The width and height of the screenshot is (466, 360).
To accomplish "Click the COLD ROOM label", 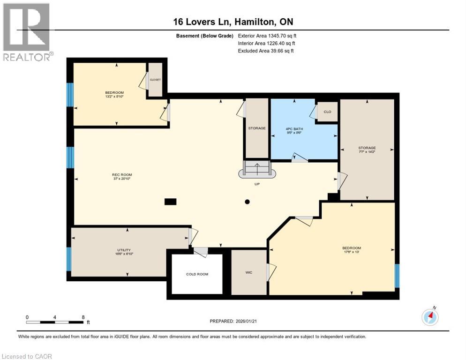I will click(197, 274).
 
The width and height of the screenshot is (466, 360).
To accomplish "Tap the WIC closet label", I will click(249, 272).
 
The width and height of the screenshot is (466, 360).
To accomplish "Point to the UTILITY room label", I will click(124, 250).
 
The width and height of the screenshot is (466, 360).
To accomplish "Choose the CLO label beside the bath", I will click(328, 112).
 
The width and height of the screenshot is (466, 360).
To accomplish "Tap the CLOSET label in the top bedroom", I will click(155, 80).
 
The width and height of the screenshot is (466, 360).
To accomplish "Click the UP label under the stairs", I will click(257, 184).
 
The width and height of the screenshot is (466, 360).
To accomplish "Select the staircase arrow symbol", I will click(257, 168).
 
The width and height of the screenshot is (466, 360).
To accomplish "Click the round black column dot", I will click(247, 202).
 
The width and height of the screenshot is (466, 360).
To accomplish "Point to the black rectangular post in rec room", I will click(171, 202).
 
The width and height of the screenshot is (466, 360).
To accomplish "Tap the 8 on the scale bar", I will click(83, 317).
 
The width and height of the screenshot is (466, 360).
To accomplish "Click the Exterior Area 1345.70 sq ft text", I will click(267, 36).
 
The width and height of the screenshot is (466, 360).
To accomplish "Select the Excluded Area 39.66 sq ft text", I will click(266, 51).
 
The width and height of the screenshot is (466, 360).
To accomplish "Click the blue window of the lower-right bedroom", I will click(397, 276).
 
